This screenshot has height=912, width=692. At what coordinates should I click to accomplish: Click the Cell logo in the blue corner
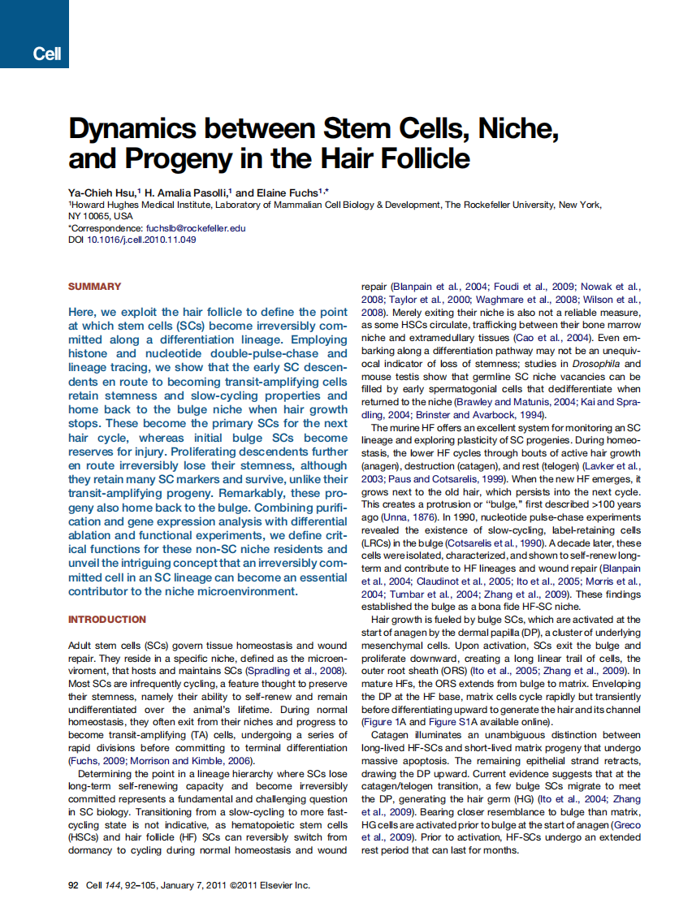[x=46, y=54]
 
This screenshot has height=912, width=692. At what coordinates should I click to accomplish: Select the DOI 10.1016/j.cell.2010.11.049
[x=141, y=240]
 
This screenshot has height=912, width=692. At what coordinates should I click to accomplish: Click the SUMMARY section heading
[x=95, y=287]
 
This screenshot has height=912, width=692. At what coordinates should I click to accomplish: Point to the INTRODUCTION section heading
[x=107, y=620]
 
